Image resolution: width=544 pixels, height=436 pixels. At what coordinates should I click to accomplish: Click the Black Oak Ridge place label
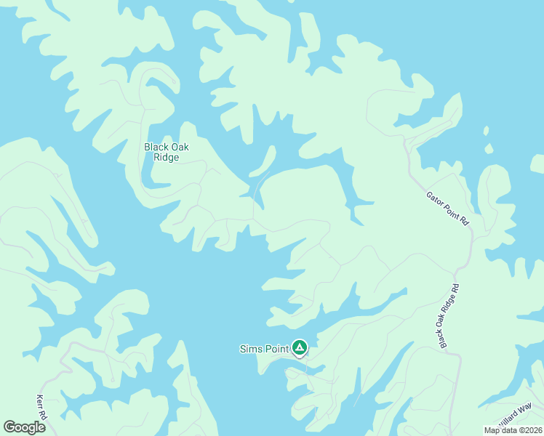tap(166, 152)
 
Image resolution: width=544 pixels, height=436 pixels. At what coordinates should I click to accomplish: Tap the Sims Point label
tap(264, 349)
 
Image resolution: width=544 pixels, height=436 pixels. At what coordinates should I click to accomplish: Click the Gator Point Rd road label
tap(447, 206)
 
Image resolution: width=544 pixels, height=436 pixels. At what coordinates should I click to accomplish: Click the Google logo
tap(24, 427)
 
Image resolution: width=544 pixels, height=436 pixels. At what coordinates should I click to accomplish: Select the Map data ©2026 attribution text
tap(513, 430)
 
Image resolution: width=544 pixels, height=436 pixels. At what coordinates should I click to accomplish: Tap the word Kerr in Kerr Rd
tap(40, 403)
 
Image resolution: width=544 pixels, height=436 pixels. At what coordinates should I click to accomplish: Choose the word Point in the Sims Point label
tap(276, 349)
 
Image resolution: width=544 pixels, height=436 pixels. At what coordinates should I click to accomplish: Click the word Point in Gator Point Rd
tap(449, 208)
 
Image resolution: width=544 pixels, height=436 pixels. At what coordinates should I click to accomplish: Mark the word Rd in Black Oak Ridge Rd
tap(455, 288)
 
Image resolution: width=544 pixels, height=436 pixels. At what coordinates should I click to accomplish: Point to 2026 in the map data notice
tap(529, 430)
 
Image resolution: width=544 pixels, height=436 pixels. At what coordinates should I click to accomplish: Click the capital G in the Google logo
tap(9, 427)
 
